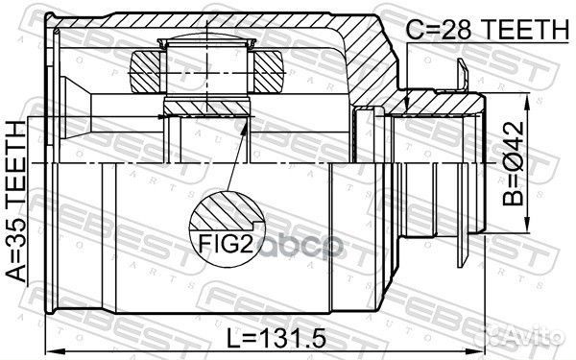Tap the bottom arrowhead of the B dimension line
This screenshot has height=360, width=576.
(x=525, y=228)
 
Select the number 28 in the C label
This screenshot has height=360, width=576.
(x=452, y=31)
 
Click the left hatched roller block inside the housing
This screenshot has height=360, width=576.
(x=146, y=71)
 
